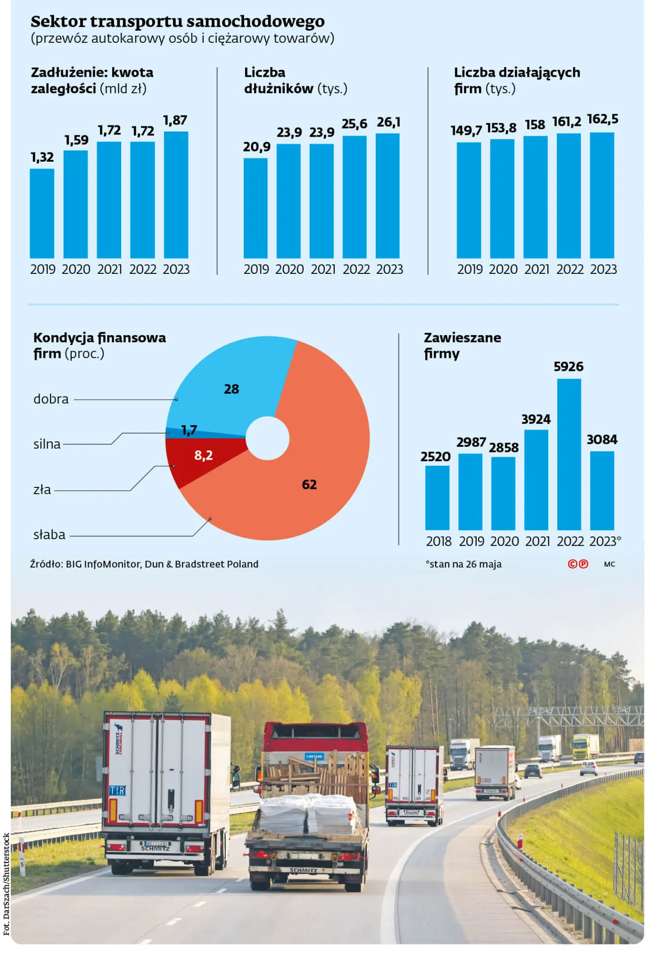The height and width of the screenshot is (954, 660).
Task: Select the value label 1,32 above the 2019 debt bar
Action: pos(42,157)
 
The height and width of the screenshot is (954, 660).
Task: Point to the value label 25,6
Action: pos(354,124)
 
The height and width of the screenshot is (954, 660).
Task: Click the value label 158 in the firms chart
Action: pos(535,125)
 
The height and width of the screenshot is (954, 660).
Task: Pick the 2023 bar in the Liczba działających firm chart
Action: pos(602,195)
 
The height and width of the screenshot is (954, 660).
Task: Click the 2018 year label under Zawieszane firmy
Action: pos(438,541)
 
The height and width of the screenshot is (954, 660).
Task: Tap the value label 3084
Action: pos(602,439)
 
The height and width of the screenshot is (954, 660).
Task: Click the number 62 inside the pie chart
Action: pos(309,484)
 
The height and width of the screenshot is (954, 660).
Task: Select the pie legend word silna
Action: pos(47,444)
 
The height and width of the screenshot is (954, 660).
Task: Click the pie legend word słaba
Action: pos(49,535)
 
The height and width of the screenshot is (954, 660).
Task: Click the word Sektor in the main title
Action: pos(58,21)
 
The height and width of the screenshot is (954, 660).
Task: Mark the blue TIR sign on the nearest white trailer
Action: pos(117,790)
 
